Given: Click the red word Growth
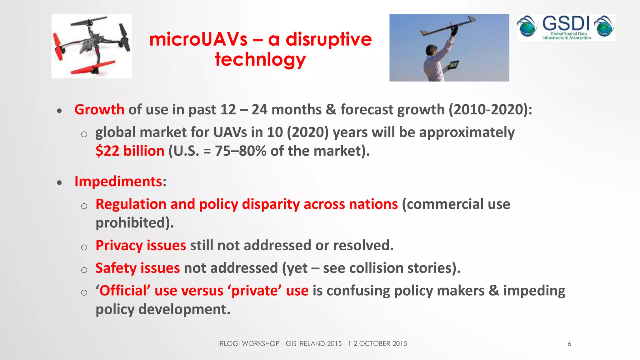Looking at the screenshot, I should coord(99,110).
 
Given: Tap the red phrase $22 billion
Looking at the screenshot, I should coord(130,151).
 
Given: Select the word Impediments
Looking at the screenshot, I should coord(118,182).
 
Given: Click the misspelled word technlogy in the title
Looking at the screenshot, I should coord(260,59).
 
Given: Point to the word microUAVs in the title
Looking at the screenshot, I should coord(198,39).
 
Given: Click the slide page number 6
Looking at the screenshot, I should coord(569,344).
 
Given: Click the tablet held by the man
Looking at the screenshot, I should coord(452,65).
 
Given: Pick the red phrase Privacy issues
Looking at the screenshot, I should coord(141,246).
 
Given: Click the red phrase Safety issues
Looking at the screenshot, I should coord(137,268).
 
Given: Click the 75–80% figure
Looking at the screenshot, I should coord(241,151).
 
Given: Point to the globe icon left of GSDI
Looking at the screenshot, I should coord(527,26).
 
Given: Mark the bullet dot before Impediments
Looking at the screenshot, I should coord(59,183).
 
